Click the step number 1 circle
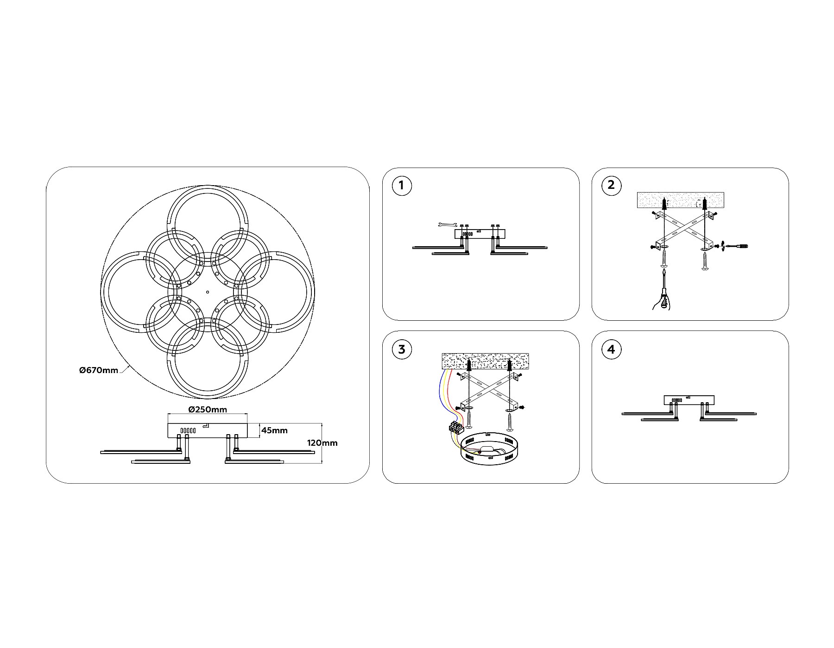[401, 186]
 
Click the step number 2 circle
[611, 186]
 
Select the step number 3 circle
[401, 349]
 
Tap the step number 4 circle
[611, 349]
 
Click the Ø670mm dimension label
[99, 370]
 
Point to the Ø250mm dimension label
[208, 410]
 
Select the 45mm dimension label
[274, 430]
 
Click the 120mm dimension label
[322, 443]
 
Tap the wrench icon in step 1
[445, 225]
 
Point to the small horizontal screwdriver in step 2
[737, 246]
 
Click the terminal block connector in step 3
[455, 428]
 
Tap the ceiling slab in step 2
[681, 200]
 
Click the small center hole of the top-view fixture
[208, 292]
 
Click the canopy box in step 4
[689, 399]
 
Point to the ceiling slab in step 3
[485, 361]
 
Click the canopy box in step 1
[480, 234]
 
